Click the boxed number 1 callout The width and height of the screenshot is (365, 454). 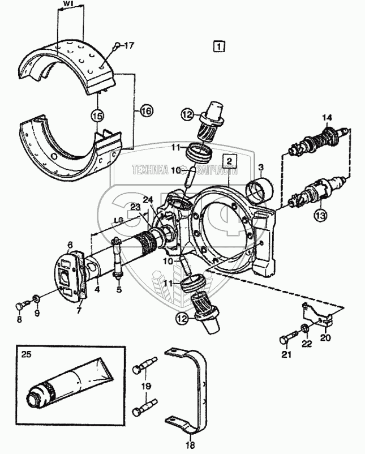coord(219,46)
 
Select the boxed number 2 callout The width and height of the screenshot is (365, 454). coord(229,161)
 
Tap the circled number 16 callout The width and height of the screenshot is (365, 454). coord(147,111)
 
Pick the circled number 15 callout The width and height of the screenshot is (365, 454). coord(97,116)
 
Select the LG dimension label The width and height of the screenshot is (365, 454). coord(118,220)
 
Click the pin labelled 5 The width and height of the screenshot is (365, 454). coord(118,258)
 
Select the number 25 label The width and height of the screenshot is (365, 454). coord(27,354)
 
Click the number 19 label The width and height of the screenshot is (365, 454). coord(146,386)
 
